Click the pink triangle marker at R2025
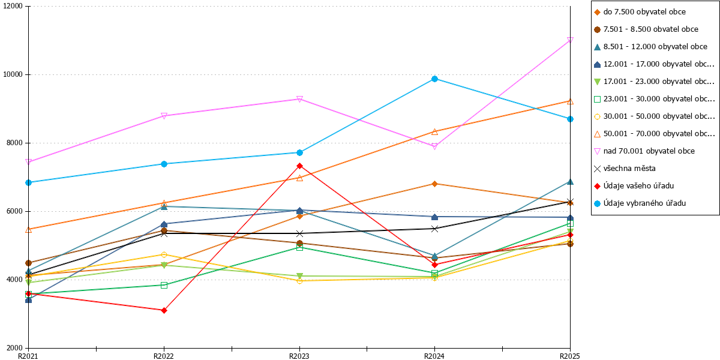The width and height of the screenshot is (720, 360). click(570, 40)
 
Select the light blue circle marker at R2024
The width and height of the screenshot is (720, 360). click(434, 79)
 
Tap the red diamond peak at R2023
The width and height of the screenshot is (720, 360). click(299, 166)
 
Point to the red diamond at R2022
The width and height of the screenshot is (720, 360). click(164, 311)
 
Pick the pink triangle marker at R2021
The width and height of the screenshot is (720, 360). click(29, 161)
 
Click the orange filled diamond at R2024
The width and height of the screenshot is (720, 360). click(434, 184)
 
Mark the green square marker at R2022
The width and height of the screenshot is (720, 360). click(164, 285)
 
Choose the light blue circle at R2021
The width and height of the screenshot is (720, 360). click(29, 182)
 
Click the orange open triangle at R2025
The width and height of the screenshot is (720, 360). click(570, 101)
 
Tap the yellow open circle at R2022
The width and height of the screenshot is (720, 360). click(164, 255)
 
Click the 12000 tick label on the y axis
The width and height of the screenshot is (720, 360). click(13, 6)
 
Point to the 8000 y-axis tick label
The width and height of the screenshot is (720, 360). click(14, 143)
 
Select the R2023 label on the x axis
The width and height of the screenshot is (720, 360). click(299, 356)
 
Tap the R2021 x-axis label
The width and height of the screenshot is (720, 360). click(28, 356)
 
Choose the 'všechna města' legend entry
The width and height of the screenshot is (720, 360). click(625, 169)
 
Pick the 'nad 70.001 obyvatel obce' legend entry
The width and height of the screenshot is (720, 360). click(644, 151)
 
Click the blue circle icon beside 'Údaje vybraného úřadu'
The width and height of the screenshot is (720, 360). click(597, 203)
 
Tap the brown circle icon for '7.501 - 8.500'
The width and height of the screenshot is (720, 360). click(597, 29)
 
